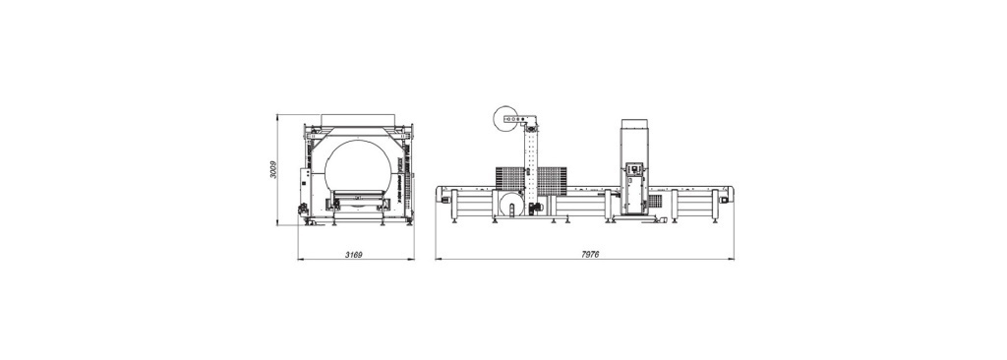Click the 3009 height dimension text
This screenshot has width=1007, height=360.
pyautogui.click(x=273, y=170)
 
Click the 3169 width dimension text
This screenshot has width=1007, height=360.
pyautogui.click(x=354, y=255)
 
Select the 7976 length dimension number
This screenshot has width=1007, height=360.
pyautogui.click(x=590, y=255)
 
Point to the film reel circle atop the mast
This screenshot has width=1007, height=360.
pyautogui.click(x=505, y=120)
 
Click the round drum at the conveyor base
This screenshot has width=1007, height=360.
pyautogui.click(x=511, y=207)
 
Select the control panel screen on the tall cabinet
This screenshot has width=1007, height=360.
pyautogui.click(x=634, y=169)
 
